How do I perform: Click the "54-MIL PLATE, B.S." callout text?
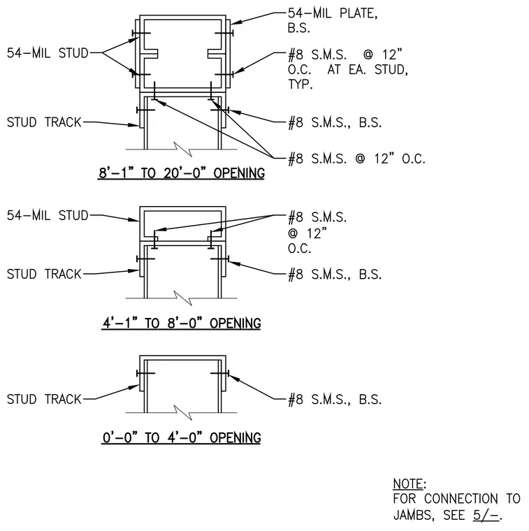coord(333,20)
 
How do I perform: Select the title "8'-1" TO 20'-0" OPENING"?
coord(182,173)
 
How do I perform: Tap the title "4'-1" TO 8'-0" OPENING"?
coord(182,323)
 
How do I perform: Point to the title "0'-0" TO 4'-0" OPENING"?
coord(182,437)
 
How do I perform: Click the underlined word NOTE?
coord(408,483)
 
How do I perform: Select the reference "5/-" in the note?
coord(486,515)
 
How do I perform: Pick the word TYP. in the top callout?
coord(300,84)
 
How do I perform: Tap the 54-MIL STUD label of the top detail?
coord(48,53)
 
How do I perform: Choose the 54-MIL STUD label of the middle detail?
coord(48,215)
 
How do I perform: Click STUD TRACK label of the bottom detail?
coord(44,399)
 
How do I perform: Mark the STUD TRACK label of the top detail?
coord(44,122)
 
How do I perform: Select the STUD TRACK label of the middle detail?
coord(44,274)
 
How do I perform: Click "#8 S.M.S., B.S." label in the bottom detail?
coord(335,400)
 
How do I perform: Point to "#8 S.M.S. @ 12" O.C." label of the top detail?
coord(356,159)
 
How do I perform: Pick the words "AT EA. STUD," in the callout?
coord(368,69)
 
